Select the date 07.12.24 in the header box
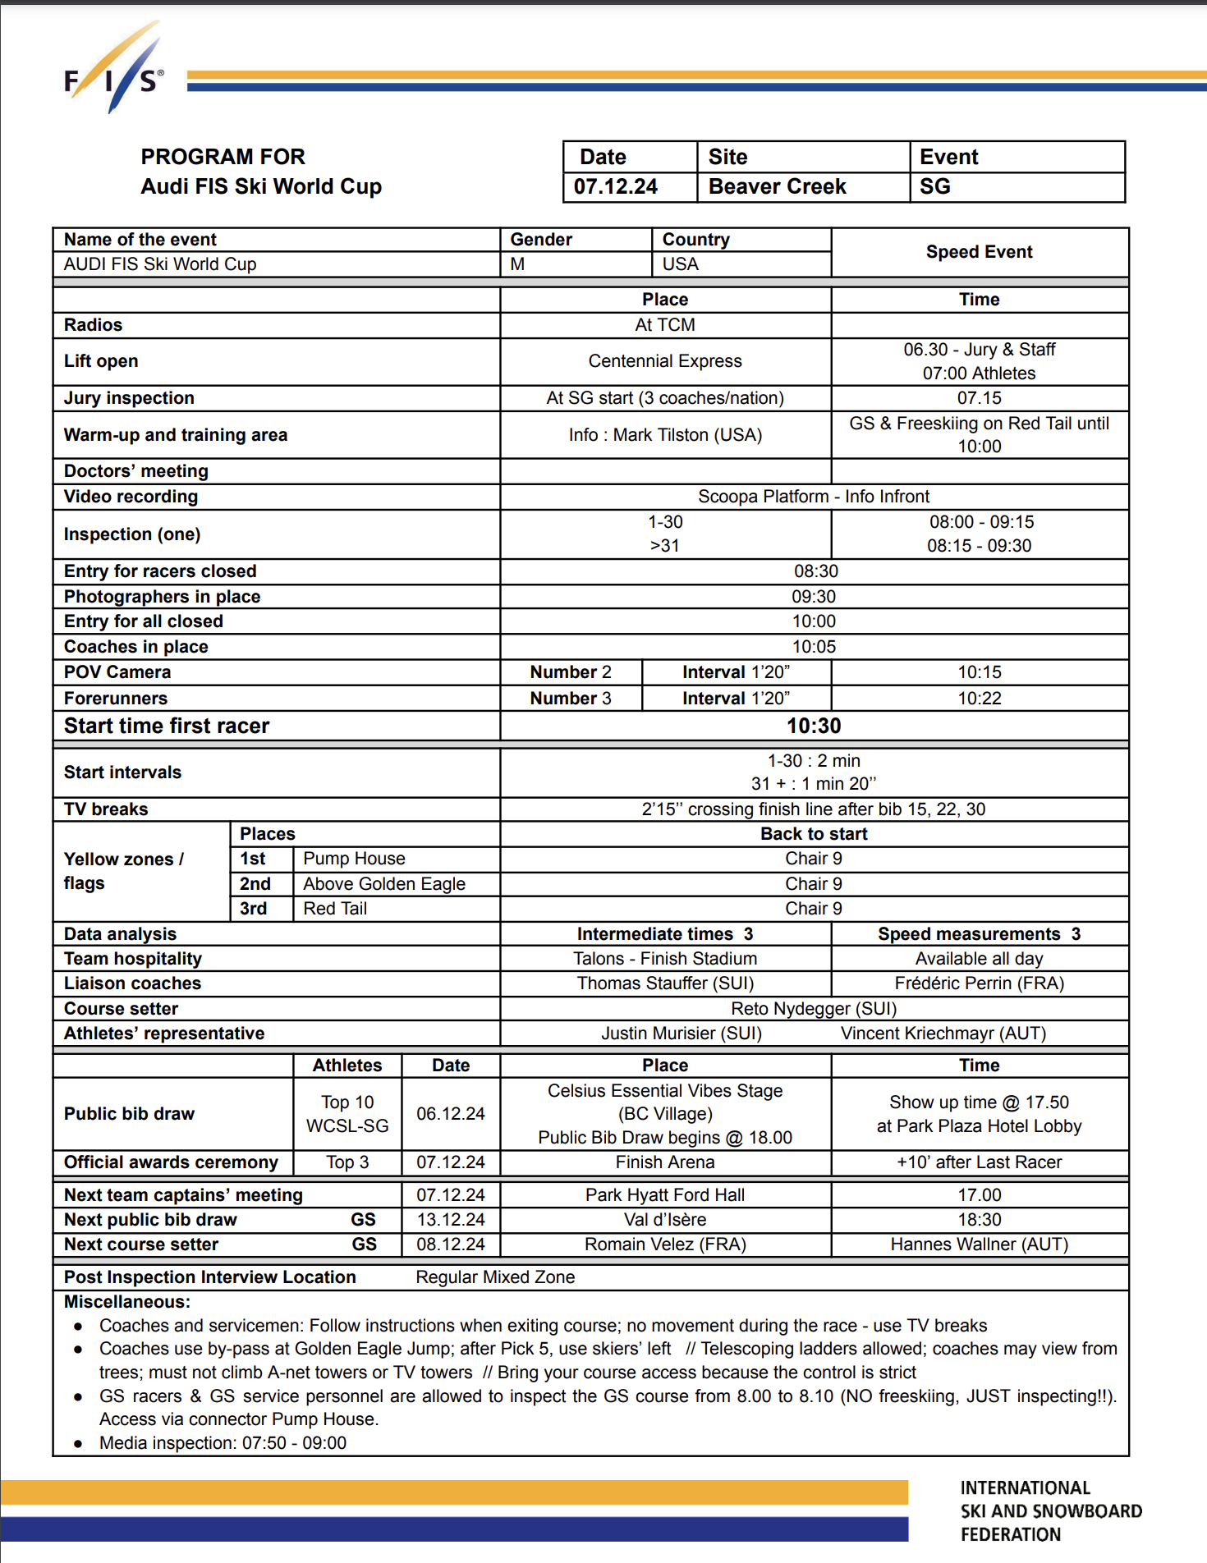pyautogui.click(x=616, y=187)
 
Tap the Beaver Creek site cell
pyautogui.click(x=777, y=187)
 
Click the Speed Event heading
pyautogui.click(x=979, y=252)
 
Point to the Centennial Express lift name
pyautogui.click(x=665, y=361)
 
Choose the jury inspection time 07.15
pyautogui.click(x=979, y=398)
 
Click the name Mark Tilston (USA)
pyautogui.click(x=687, y=435)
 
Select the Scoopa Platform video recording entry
pyautogui.click(x=813, y=497)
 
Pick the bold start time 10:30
pyautogui.click(x=813, y=726)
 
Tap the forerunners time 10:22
pyautogui.click(x=979, y=699)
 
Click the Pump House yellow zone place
pyautogui.click(x=354, y=859)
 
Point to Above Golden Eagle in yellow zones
pyautogui.click(x=383, y=884)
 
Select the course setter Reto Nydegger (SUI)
pyautogui.click(x=813, y=1009)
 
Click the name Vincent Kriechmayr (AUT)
pyautogui.click(x=943, y=1034)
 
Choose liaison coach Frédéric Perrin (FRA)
pyautogui.click(x=979, y=983)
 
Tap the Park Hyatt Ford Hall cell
pyautogui.click(x=665, y=1195)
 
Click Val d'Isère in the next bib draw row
pyautogui.click(x=665, y=1220)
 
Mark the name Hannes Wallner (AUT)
pyautogui.click(x=979, y=1244)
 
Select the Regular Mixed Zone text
pyautogui.click(x=495, y=1277)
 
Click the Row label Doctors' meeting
pyautogui.click(x=136, y=471)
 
